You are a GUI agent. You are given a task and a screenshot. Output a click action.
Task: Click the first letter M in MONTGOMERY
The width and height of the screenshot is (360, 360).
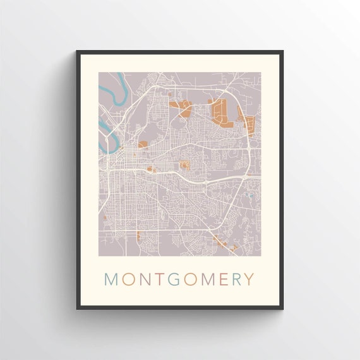tap(112, 279)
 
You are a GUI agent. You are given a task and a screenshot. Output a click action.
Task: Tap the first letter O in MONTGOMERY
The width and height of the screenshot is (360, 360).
tap(128, 279)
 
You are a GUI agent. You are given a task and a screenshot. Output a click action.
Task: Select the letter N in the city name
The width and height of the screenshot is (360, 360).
tap(144, 279)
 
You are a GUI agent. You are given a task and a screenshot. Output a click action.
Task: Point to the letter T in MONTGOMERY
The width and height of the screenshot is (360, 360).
tap(158, 279)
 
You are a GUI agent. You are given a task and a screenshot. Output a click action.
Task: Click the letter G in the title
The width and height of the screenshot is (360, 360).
tap(172, 279)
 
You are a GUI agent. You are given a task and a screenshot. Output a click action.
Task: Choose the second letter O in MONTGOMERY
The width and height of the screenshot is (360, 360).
tap(189, 279)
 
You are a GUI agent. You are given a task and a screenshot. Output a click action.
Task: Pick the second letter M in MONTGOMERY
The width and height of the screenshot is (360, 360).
tap(206, 279)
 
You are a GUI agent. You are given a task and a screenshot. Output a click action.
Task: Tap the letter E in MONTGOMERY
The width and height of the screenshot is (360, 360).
tap(222, 279)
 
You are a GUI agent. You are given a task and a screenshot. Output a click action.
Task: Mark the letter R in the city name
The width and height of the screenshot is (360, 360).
tap(236, 279)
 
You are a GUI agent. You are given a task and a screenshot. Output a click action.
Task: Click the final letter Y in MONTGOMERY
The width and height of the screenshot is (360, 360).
tap(249, 279)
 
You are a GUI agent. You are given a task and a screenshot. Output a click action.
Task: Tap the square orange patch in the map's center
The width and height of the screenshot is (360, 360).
tap(185, 165)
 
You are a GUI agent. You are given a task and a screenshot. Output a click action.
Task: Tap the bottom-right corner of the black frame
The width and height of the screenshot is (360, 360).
tap(282, 308)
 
